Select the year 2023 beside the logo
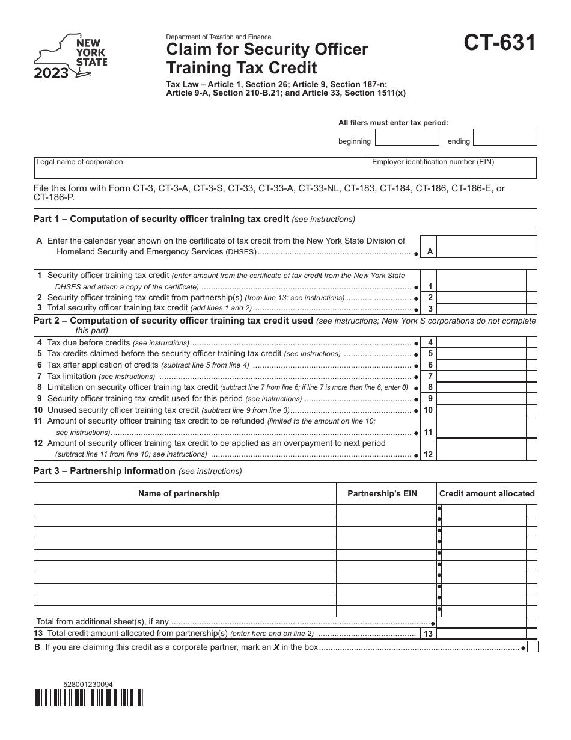click(50, 74)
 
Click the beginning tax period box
click(407, 138)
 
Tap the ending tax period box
click(504, 138)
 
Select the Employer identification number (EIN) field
click(453, 168)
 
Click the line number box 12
click(428, 455)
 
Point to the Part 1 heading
click(161, 219)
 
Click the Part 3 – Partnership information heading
click(105, 471)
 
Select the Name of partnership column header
click(179, 493)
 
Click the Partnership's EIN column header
click(382, 493)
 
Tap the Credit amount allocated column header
click(487, 493)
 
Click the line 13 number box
click(428, 634)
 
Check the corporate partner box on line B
click(533, 647)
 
